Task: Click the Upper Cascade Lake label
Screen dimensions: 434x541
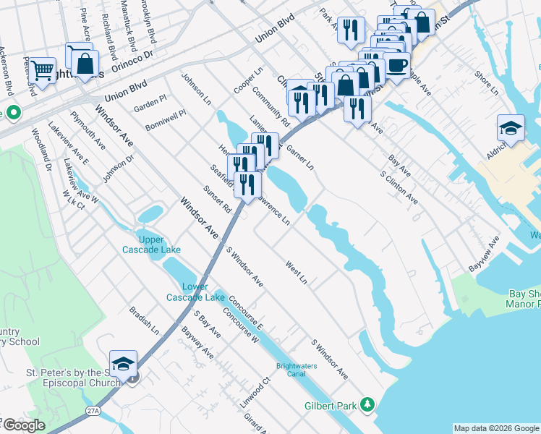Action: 150,244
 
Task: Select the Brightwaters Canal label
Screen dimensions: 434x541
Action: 297,370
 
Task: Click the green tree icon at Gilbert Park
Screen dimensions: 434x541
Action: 368,404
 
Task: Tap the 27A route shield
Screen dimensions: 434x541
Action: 93,410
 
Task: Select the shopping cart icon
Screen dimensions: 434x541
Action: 42,71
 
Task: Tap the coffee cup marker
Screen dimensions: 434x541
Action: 396,64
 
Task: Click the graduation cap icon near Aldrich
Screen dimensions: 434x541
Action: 511,127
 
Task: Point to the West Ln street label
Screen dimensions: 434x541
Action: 297,273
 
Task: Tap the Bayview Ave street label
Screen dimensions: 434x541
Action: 484,254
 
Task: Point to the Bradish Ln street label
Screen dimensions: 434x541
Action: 144,320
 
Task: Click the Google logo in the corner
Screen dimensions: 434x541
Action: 23,425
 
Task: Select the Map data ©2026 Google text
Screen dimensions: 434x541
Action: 495,428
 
